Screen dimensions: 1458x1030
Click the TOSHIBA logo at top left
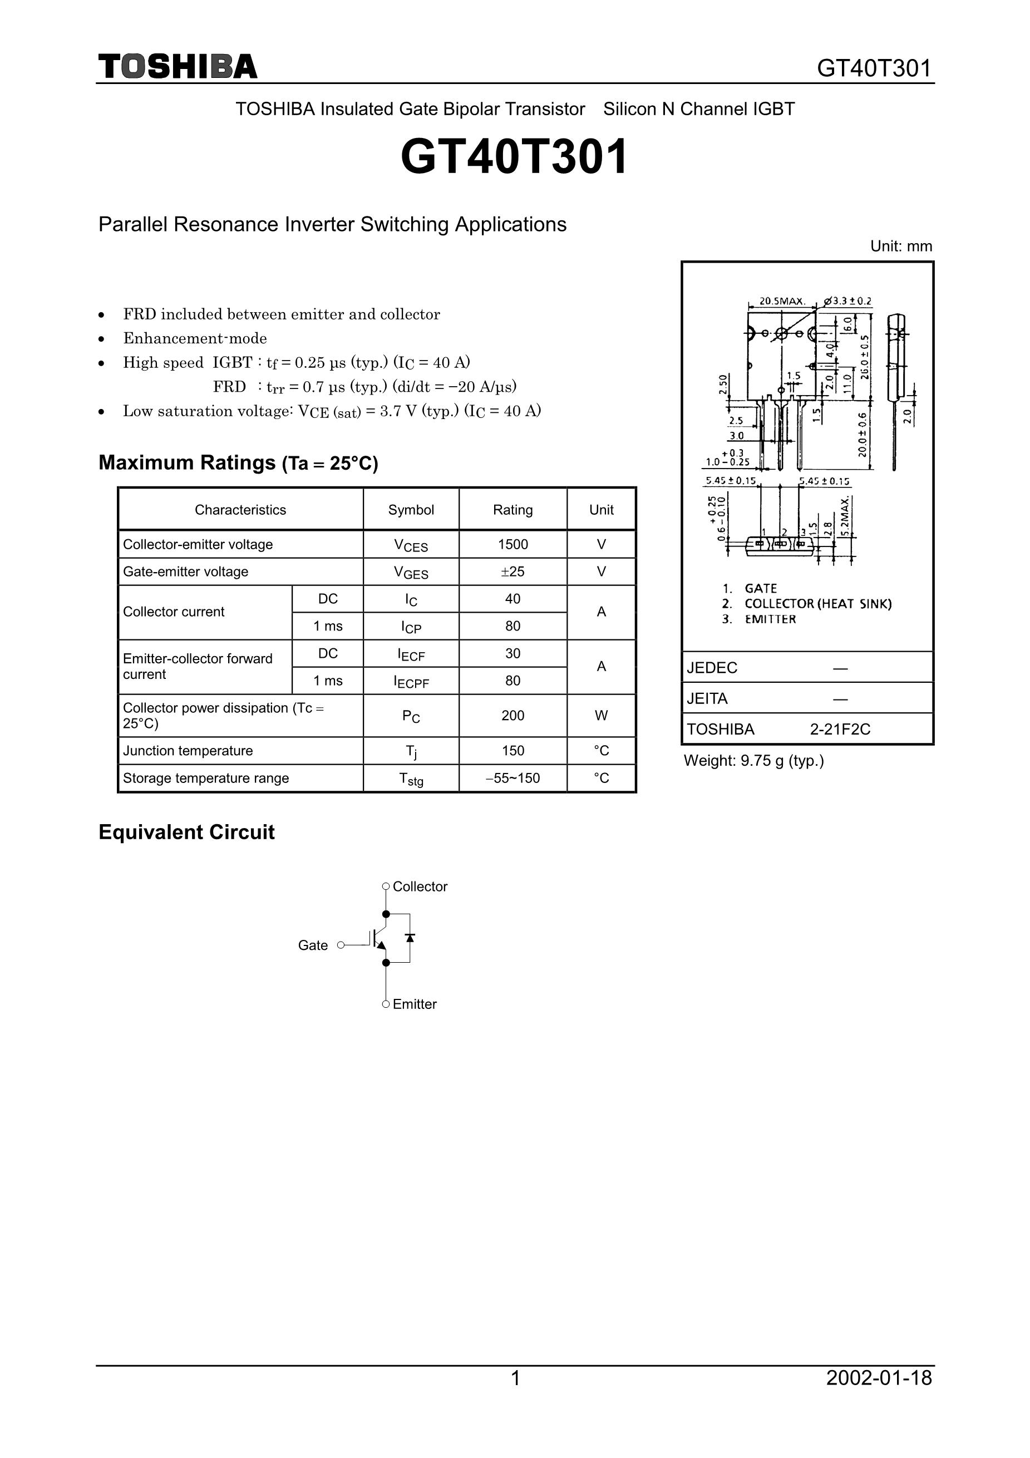(x=178, y=67)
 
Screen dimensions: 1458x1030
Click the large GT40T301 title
(x=514, y=157)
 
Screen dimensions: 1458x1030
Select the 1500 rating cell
(x=512, y=544)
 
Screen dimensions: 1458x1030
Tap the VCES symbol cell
(x=411, y=545)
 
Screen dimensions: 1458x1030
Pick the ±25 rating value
(x=512, y=572)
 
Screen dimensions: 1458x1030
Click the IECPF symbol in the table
(x=411, y=681)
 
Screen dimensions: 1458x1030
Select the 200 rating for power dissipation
(x=512, y=716)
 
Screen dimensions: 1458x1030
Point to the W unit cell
(x=601, y=716)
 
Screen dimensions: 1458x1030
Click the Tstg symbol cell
(x=411, y=779)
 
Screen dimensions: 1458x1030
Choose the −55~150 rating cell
(x=512, y=778)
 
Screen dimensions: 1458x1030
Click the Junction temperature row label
(x=188, y=751)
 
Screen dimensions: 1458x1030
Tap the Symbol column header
(x=411, y=510)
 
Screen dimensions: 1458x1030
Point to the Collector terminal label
(x=420, y=886)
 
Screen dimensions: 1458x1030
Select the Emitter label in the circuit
(x=415, y=1004)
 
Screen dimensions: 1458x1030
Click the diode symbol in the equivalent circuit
(x=410, y=938)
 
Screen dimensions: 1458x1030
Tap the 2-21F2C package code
(x=840, y=729)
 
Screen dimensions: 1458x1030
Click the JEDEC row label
(x=712, y=667)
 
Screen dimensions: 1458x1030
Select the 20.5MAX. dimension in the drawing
(x=782, y=301)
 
